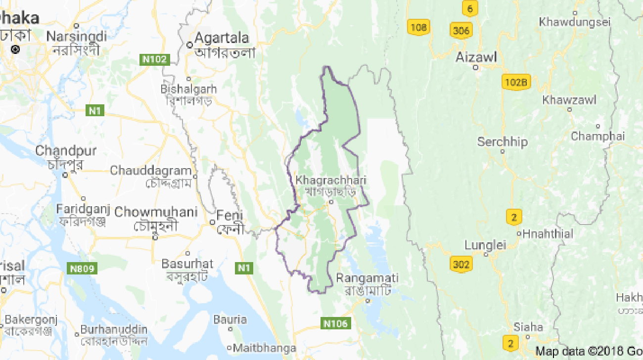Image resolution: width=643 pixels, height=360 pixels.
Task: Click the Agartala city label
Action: (222, 38)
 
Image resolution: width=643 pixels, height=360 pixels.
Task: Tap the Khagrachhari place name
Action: (331, 180)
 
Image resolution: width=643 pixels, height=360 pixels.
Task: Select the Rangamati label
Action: (367, 278)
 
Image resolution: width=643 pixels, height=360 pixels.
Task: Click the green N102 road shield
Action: (155, 60)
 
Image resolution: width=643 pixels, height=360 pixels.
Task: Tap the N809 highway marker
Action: (82, 269)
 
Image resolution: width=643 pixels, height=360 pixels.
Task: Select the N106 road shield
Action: (336, 324)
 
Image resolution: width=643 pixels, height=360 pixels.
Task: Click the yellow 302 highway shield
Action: (460, 264)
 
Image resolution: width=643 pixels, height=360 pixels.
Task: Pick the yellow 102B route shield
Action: (515, 82)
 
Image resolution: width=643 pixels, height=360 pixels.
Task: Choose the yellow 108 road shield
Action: (418, 27)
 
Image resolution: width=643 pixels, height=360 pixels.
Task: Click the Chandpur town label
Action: (66, 150)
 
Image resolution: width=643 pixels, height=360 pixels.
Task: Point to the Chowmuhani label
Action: (156, 212)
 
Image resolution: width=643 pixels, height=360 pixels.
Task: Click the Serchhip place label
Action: (502, 142)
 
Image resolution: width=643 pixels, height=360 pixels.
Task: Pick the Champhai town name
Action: (597, 136)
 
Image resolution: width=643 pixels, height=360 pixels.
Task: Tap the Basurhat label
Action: (187, 264)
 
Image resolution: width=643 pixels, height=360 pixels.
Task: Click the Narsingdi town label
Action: (76, 36)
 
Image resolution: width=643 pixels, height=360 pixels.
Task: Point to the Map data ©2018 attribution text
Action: (589, 352)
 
